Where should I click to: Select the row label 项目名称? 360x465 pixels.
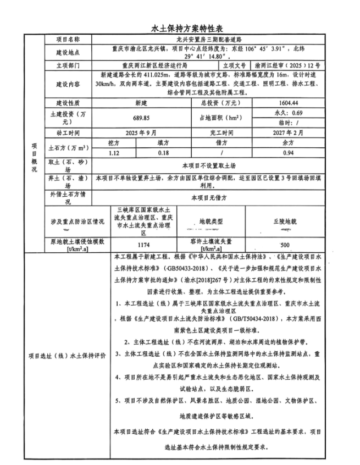[x=68, y=40]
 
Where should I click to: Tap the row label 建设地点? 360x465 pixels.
[x=68, y=52]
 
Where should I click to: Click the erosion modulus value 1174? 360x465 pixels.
[x=143, y=243]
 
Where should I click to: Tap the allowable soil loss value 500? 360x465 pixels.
[x=284, y=243]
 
